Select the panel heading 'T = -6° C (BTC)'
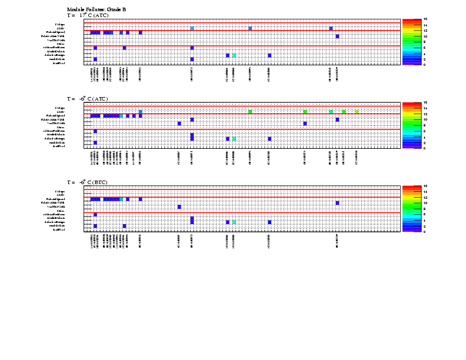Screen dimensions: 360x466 tap(87, 182)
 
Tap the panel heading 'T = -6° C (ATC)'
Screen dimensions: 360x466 tap(87, 99)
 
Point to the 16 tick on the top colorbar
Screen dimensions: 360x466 tap(424, 19)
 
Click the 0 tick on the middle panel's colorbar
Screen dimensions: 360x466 tap(424, 148)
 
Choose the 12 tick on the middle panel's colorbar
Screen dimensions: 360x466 tap(424, 114)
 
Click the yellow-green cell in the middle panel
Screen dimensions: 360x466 tap(357, 112)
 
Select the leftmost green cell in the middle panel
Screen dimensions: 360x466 tap(250, 112)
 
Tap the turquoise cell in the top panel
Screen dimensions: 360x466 tap(234, 55)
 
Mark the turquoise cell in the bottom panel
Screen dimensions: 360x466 tap(234, 222)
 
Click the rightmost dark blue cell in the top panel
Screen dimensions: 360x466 tap(337, 36)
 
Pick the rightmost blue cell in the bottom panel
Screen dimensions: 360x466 tap(337, 203)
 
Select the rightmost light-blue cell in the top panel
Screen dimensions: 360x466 tap(331, 28)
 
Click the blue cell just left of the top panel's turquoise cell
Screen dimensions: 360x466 tap(227, 55)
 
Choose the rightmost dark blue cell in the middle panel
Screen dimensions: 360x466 tap(337, 119)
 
